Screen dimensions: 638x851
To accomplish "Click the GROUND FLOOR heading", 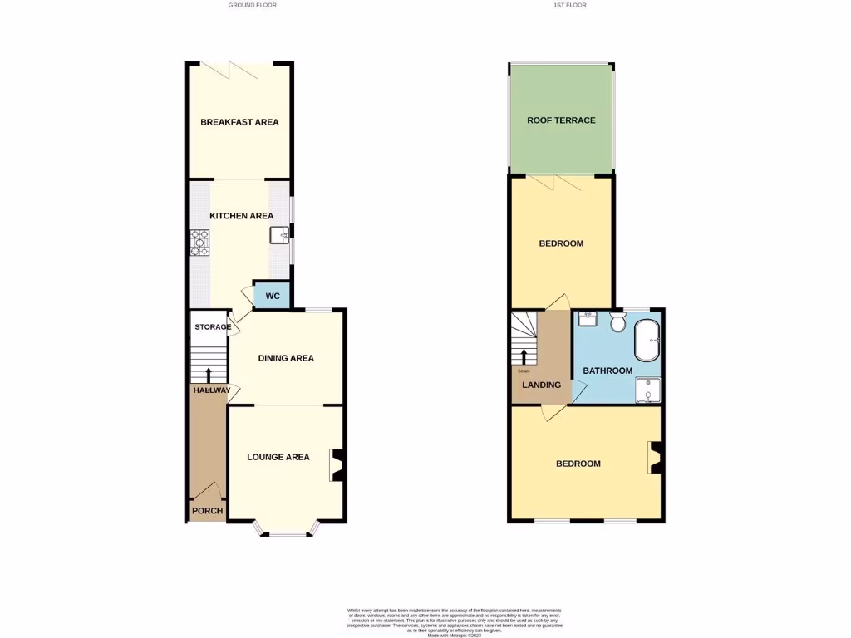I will [253, 5].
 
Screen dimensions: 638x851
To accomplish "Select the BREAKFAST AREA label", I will [239, 122].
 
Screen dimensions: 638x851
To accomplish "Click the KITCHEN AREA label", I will [241, 216].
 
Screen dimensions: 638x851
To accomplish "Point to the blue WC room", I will [272, 296].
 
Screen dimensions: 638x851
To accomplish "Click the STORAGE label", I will [213, 327].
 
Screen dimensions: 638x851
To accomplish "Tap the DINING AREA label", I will [286, 359].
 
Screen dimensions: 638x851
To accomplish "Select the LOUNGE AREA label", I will [278, 457].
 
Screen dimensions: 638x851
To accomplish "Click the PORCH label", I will [207, 511].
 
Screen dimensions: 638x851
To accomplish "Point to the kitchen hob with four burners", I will [199, 242].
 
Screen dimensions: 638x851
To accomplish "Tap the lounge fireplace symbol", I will [338, 465].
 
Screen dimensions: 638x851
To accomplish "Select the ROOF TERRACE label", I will [561, 120].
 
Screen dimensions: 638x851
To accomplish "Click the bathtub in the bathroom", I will [647, 341].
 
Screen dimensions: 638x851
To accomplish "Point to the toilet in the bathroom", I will [617, 321].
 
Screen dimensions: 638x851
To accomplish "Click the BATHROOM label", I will [608, 371].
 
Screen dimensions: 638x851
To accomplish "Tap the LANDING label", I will [541, 385].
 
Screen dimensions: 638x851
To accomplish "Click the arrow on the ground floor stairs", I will [208, 375].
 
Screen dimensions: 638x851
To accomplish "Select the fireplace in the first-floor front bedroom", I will [655, 457].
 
